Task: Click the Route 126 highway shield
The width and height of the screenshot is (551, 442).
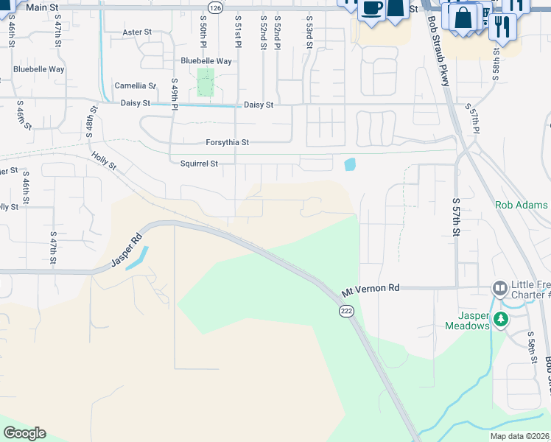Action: click(214, 7)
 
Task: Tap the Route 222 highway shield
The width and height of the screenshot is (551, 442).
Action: click(346, 312)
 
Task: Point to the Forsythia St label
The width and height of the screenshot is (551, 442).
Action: click(227, 142)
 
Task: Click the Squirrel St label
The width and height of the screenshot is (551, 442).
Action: click(199, 164)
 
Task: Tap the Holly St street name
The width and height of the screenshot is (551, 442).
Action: click(104, 161)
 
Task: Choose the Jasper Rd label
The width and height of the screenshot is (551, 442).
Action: click(126, 250)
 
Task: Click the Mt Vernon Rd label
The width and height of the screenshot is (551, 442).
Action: click(371, 288)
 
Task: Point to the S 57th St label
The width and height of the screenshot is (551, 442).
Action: click(457, 216)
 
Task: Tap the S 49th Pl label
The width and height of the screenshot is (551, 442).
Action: click(175, 94)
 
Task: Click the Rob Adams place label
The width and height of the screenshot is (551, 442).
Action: click(522, 206)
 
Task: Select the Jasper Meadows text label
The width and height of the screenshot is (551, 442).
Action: click(467, 320)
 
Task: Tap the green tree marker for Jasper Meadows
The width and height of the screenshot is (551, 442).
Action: click(501, 319)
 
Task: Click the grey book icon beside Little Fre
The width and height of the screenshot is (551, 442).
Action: click(500, 287)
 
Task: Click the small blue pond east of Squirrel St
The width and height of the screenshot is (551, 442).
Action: click(349, 164)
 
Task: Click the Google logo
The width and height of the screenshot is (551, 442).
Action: click(24, 433)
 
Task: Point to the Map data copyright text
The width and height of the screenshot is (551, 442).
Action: click(520, 436)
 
